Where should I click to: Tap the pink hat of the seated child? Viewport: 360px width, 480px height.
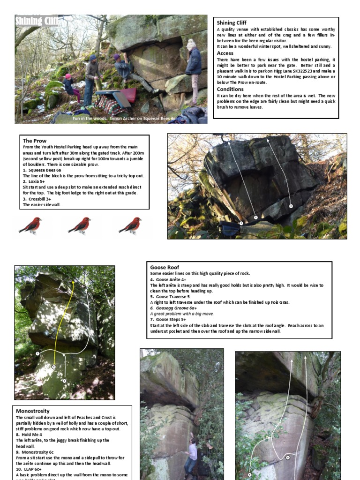[68, 76]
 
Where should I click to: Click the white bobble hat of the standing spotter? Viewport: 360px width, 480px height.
[191, 44]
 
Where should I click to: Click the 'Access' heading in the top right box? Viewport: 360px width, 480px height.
[225, 53]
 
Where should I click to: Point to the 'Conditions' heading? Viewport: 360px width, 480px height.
[230, 89]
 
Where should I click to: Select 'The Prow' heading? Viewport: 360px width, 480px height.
[35, 141]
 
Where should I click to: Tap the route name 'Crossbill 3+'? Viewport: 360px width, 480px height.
[39, 199]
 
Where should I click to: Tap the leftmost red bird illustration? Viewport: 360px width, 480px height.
[30, 225]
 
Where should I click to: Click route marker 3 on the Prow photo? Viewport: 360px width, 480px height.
[291, 206]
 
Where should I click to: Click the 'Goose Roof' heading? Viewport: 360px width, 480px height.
[165, 267]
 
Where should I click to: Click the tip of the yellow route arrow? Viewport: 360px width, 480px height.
[73, 281]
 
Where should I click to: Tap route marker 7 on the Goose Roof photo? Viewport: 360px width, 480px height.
[288, 457]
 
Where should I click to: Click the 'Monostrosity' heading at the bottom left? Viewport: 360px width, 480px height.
[33, 411]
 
